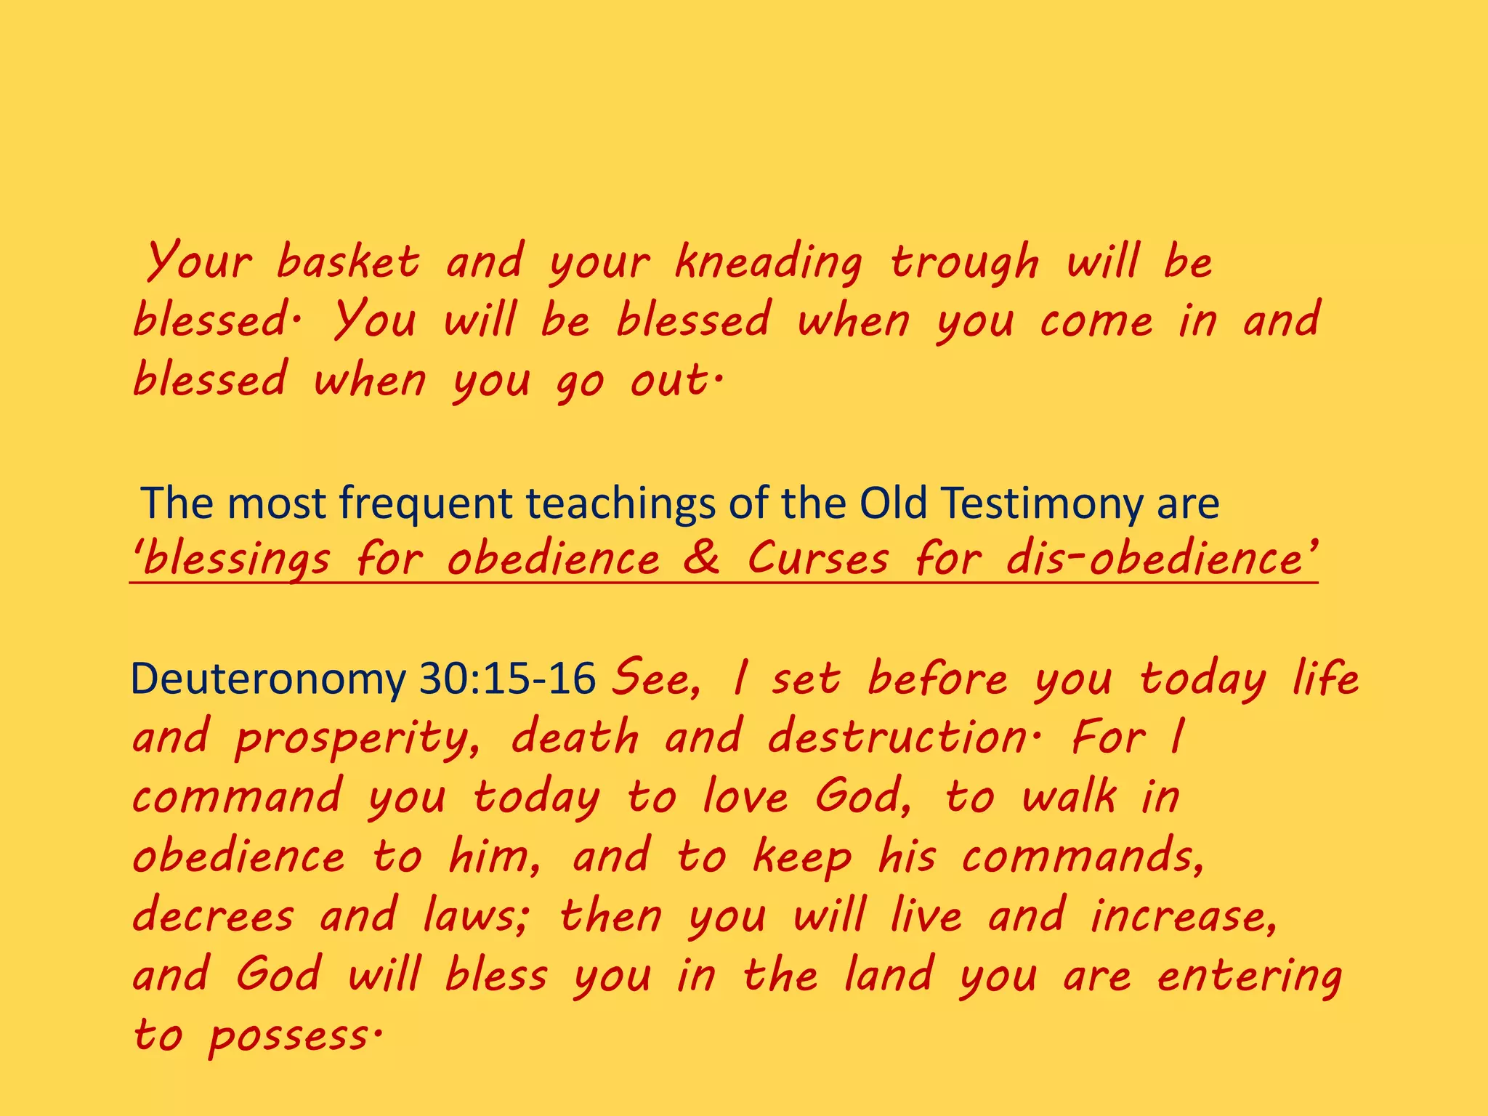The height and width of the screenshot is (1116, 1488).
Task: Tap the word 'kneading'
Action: coord(768,263)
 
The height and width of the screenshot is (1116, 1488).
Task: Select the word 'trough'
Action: coord(965,263)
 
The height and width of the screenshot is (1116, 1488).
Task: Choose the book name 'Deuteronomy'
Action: coord(268,679)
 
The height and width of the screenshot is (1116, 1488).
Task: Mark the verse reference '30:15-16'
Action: coord(508,679)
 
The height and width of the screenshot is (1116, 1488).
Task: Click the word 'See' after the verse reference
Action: coord(655,679)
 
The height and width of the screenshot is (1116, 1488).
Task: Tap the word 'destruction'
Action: coord(901,737)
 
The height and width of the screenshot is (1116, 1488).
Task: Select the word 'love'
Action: coord(745,797)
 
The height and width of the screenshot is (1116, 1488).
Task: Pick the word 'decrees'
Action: coord(213,915)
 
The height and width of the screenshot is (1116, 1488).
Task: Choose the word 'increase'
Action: coord(1183,915)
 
